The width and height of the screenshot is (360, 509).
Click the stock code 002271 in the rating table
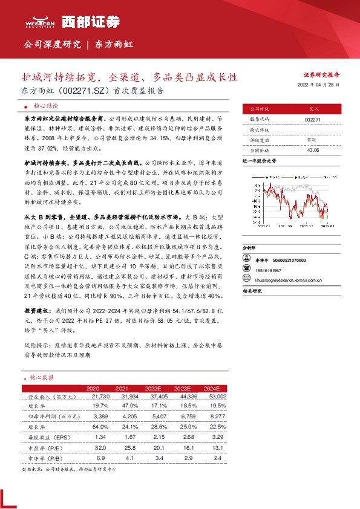313,120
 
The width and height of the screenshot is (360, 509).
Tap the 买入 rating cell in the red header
313,109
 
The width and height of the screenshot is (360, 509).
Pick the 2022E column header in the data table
154,387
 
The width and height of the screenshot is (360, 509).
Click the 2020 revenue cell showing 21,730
97,396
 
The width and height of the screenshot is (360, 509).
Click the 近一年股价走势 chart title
259,161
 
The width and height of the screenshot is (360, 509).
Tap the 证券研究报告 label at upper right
321,76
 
